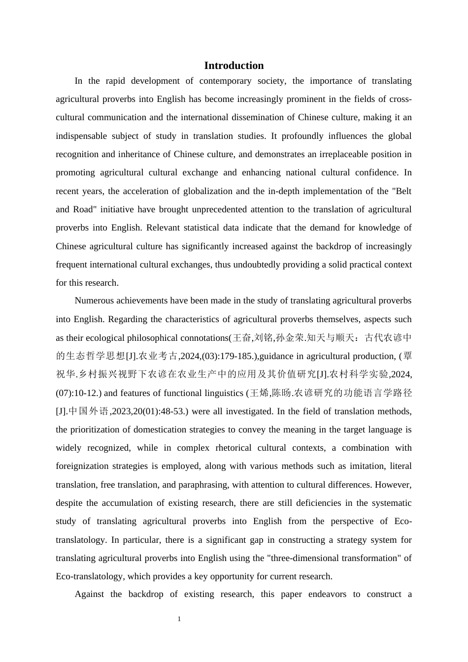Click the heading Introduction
[x=234, y=66]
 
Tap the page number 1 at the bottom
[x=179, y=619]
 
